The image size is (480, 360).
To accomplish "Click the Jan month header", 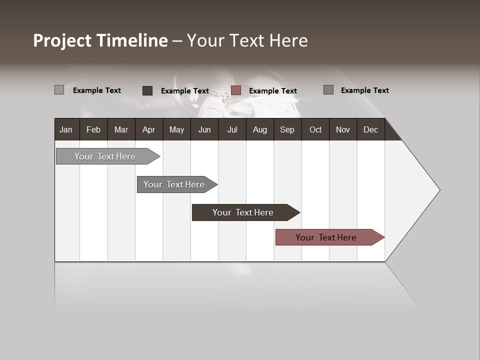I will click(x=66, y=129).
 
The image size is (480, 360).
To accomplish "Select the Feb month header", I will click(x=93, y=129).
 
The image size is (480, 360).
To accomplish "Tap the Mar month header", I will click(x=121, y=129).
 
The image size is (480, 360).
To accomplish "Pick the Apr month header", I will click(x=149, y=129).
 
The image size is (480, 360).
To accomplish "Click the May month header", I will click(x=176, y=129).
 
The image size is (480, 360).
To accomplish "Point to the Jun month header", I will click(x=204, y=129).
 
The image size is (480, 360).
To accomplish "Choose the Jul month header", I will click(x=232, y=129).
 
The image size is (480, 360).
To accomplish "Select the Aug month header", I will click(x=260, y=129).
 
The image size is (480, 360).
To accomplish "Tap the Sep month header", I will click(x=287, y=129).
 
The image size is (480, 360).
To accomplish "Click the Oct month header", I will click(x=315, y=129).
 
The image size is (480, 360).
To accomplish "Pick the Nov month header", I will click(x=343, y=129).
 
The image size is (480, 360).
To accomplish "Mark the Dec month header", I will click(x=371, y=129).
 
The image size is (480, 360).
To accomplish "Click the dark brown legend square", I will click(x=147, y=90).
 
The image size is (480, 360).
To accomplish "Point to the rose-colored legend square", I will click(x=236, y=90).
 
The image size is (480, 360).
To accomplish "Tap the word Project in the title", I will click(x=62, y=40).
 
